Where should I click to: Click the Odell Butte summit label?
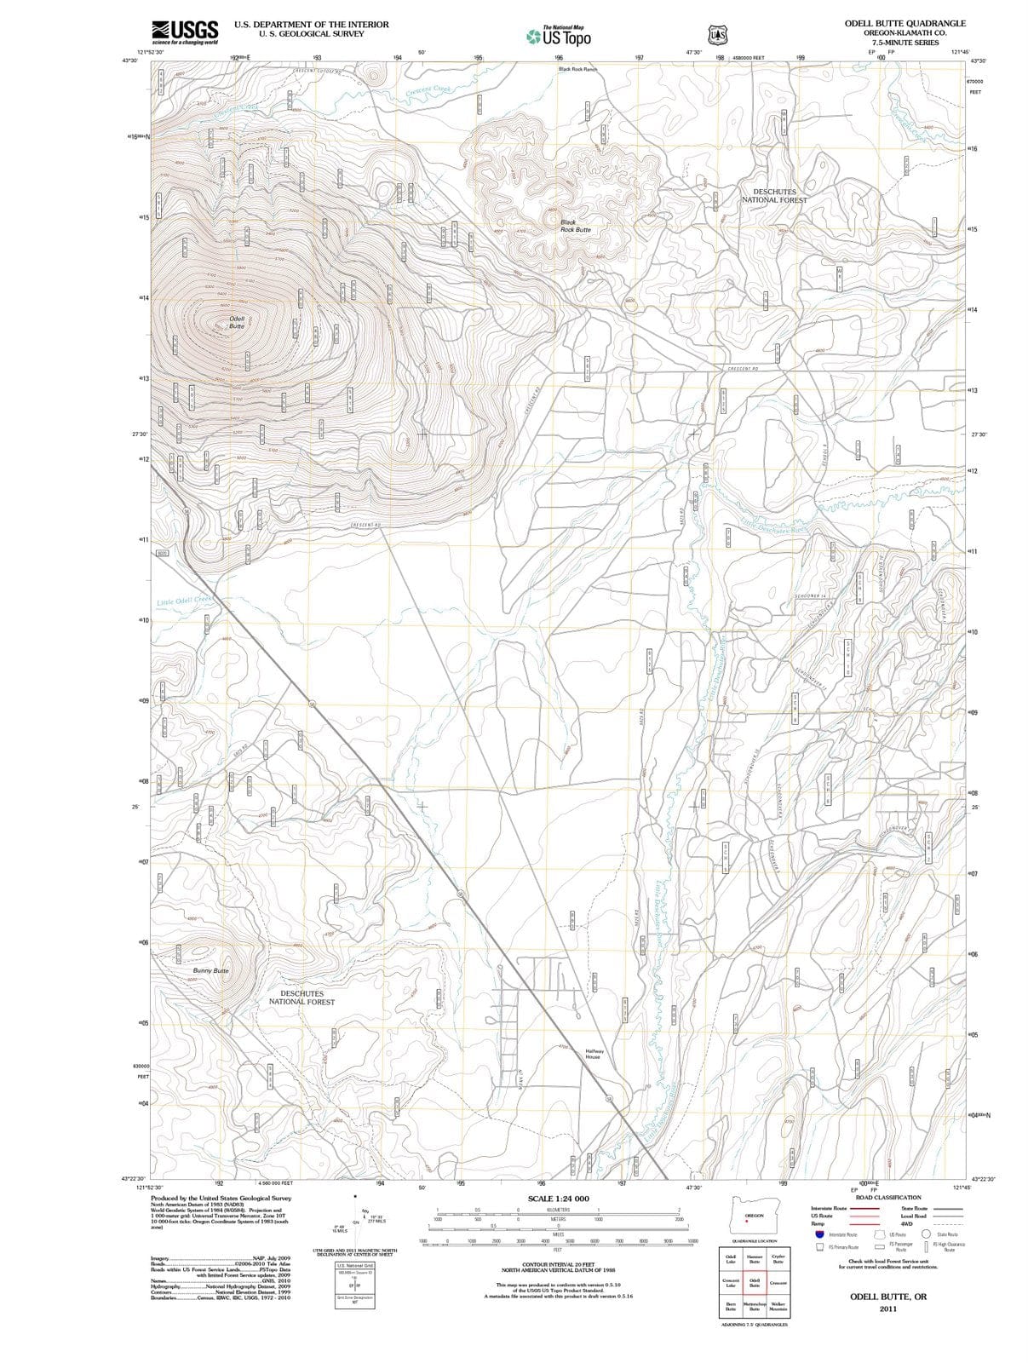[237, 322]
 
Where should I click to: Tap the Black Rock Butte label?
[575, 226]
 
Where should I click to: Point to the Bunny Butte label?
[210, 970]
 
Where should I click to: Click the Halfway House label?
[594, 1054]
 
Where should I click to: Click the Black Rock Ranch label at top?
[577, 69]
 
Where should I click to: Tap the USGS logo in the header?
[185, 32]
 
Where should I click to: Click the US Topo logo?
[559, 37]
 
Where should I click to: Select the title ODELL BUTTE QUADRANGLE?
[905, 24]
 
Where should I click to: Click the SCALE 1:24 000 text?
[558, 1199]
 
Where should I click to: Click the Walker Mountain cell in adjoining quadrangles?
[777, 1307]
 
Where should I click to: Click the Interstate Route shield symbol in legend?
[819, 1234]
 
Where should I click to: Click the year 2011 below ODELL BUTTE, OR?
[889, 1308]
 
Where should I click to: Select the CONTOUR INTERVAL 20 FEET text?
[558, 1264]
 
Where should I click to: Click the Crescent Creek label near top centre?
[428, 89]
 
